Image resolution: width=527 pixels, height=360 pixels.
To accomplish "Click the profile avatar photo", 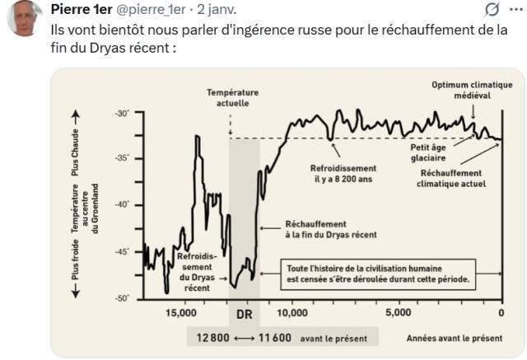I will [x=25, y=18].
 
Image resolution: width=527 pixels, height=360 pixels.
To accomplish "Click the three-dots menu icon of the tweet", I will [x=515, y=10].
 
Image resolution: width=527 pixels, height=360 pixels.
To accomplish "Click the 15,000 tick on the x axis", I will [x=181, y=313].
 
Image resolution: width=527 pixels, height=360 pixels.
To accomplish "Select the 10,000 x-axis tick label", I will [x=292, y=313].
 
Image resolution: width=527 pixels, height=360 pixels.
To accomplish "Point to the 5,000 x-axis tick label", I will [x=398, y=313].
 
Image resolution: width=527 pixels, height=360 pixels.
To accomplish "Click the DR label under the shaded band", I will [x=243, y=316].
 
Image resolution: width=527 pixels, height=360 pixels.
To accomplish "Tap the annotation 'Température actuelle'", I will [x=232, y=98].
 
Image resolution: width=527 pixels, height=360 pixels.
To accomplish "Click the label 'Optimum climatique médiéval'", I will [x=472, y=89].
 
